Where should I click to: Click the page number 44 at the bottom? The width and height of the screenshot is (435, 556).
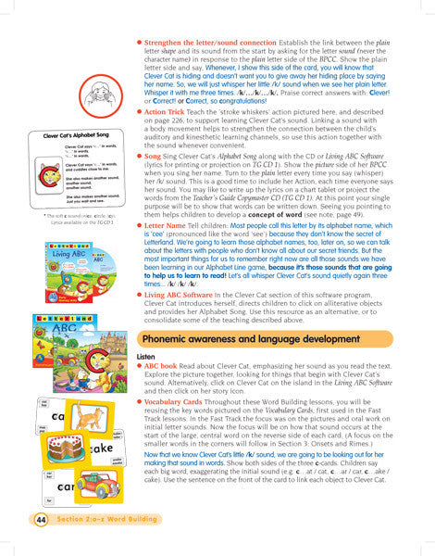tap(41, 521)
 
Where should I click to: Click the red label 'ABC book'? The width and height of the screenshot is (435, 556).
tap(160, 365)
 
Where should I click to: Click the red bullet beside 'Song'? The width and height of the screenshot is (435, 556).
tap(138, 158)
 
